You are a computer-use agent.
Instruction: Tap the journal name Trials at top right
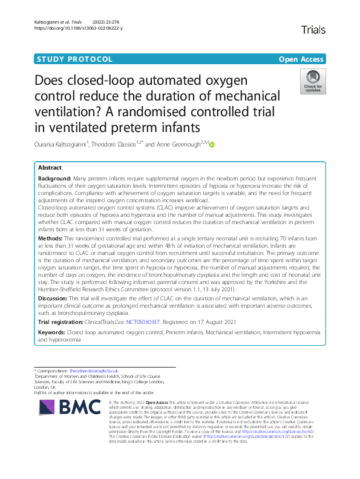(313, 29)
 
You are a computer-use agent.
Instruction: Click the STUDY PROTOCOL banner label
(74, 59)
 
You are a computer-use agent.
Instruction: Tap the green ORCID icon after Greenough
(212, 144)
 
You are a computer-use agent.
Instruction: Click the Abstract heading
(50, 167)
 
